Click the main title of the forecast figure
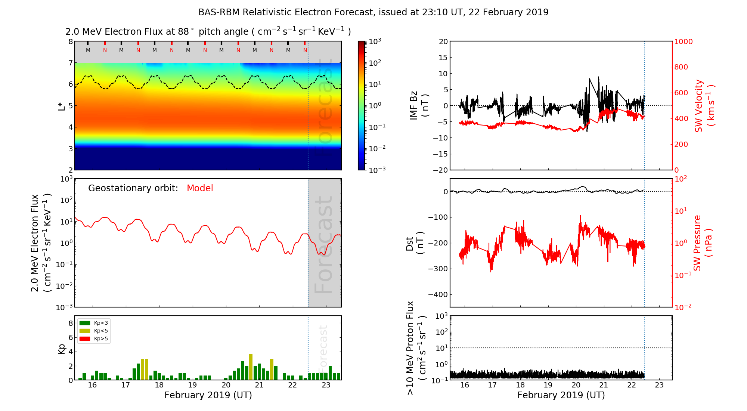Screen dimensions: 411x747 pos(373,12)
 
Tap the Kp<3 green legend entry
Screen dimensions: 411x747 pos(94,323)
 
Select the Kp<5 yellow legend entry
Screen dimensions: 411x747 pos(94,331)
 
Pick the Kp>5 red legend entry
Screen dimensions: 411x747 pos(94,339)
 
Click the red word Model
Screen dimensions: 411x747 pos(200,188)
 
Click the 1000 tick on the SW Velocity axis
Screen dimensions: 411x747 pos(683,42)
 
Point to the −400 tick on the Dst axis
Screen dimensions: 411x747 pos(438,294)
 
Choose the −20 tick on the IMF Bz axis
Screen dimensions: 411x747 pos(440,170)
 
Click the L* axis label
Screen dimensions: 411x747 pos(61,106)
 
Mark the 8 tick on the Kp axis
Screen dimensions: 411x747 pos(70,323)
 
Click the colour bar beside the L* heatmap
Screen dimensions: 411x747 pos(361,105)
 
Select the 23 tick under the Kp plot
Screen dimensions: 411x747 pos(326,385)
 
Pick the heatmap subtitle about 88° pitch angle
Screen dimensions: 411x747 pos(208,32)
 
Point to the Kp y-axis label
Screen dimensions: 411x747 pos(61,349)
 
